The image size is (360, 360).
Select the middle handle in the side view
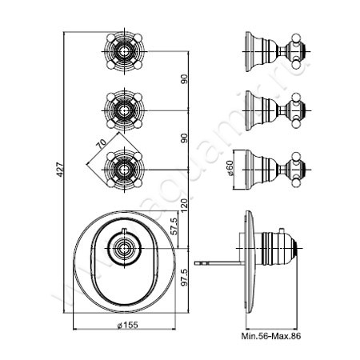point(272,107)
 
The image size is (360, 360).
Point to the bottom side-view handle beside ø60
point(272,167)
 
